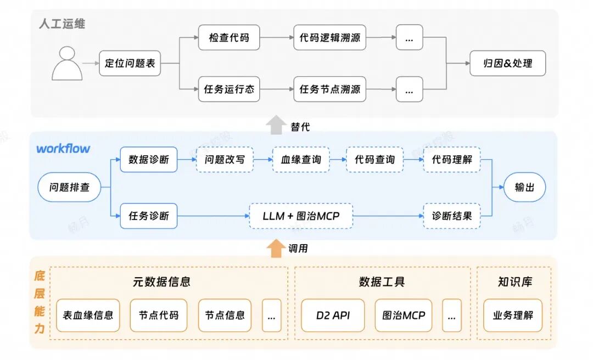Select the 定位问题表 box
[130, 64]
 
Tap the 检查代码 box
[229, 38]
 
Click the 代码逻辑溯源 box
[329, 38]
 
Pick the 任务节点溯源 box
[329, 89]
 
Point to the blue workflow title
[63, 149]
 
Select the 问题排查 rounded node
[69, 188]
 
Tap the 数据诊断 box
[149, 160]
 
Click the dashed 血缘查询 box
[301, 160]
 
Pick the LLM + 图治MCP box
[301, 216]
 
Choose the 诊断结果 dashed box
[451, 216]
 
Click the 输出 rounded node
[524, 188]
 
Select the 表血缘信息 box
[88, 316]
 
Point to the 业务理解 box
[512, 316]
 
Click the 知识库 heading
[514, 282]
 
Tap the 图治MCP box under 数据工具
[404, 316]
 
